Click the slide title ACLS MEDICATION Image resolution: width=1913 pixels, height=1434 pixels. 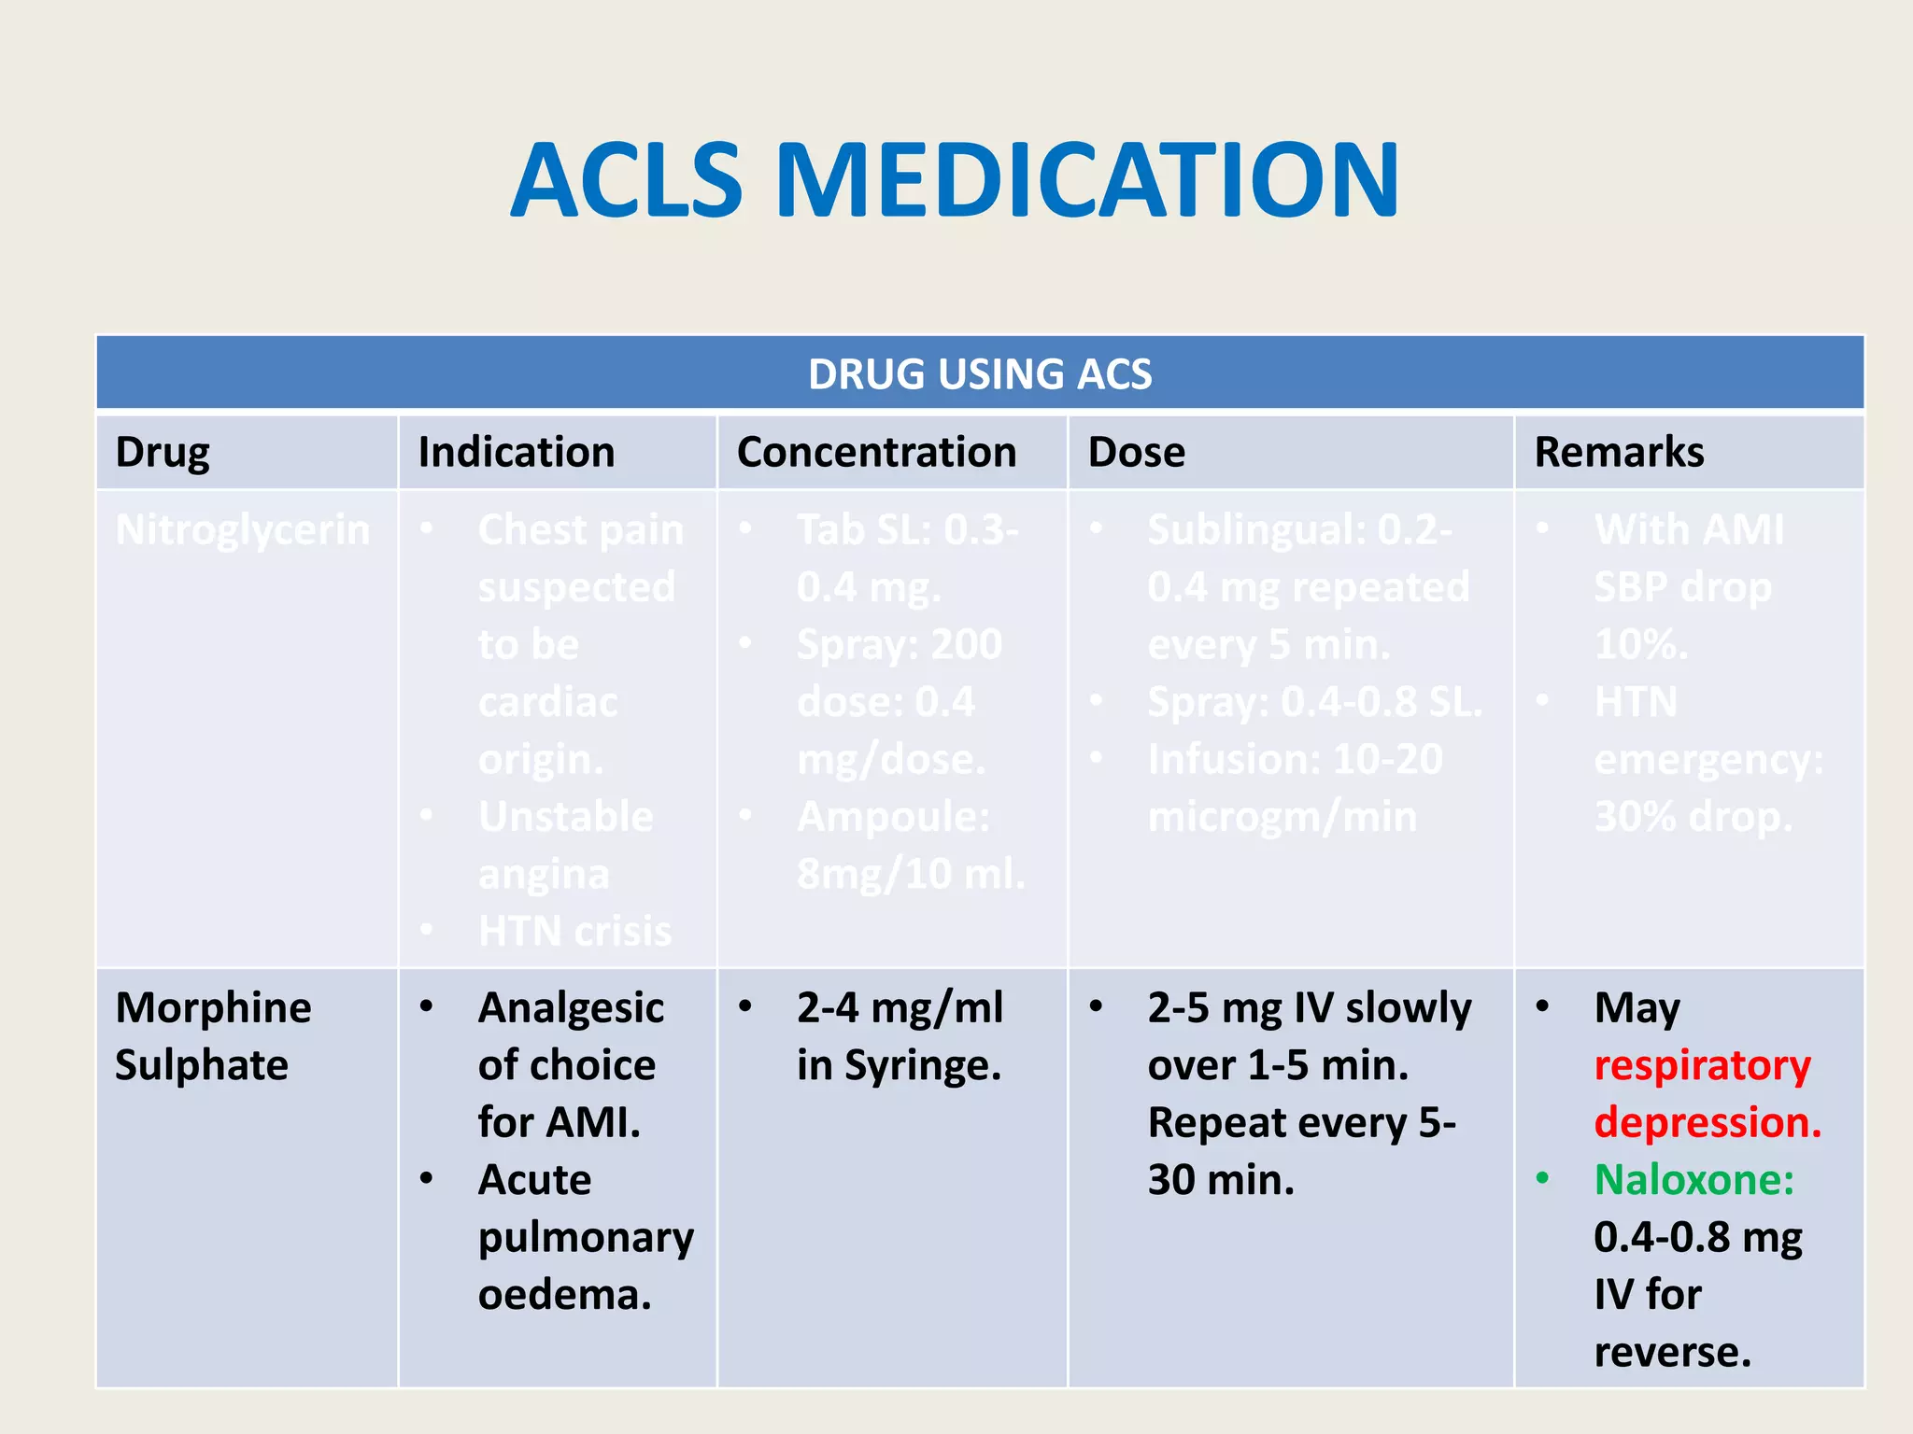pos(955,180)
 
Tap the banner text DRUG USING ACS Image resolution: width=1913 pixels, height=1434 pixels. pos(980,374)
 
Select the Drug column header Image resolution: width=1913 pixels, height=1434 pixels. pos(163,453)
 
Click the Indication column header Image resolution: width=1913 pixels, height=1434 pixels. pos(517,453)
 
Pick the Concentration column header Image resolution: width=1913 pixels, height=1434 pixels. pos(876,453)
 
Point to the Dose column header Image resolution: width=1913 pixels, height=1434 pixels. pos(1136,453)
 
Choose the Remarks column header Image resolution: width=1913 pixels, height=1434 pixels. pos(1619,453)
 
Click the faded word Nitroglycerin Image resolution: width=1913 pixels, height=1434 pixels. pos(243,530)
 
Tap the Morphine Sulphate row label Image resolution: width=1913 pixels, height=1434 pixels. pos(213,1036)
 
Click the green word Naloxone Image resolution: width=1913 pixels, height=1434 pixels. pos(1693,1180)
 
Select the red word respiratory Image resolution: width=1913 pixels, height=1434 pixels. pos(1702,1066)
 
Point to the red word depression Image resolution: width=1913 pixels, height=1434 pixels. pos(1708,1123)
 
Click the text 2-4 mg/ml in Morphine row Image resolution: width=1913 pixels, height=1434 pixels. pos(900,1008)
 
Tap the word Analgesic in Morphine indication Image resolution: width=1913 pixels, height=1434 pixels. pos(571,1008)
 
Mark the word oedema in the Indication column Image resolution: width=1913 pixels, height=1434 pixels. pos(564,1296)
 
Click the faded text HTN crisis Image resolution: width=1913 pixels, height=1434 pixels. pos(574,932)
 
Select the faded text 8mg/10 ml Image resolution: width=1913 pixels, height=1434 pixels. pos(911,875)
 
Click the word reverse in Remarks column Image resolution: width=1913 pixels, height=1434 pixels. pos(1672,1353)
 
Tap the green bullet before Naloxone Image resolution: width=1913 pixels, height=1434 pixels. pos(1542,1179)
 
